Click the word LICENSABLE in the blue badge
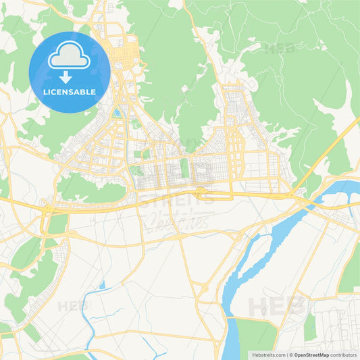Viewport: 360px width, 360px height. point(69,92)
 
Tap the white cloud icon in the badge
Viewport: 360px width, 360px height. point(69,55)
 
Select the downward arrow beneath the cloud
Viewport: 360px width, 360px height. point(69,76)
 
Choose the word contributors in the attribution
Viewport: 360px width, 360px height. point(344,354)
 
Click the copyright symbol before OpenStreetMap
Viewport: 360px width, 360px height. point(292,354)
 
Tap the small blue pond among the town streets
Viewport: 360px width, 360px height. point(116,112)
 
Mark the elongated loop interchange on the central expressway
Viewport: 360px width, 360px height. point(201,193)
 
